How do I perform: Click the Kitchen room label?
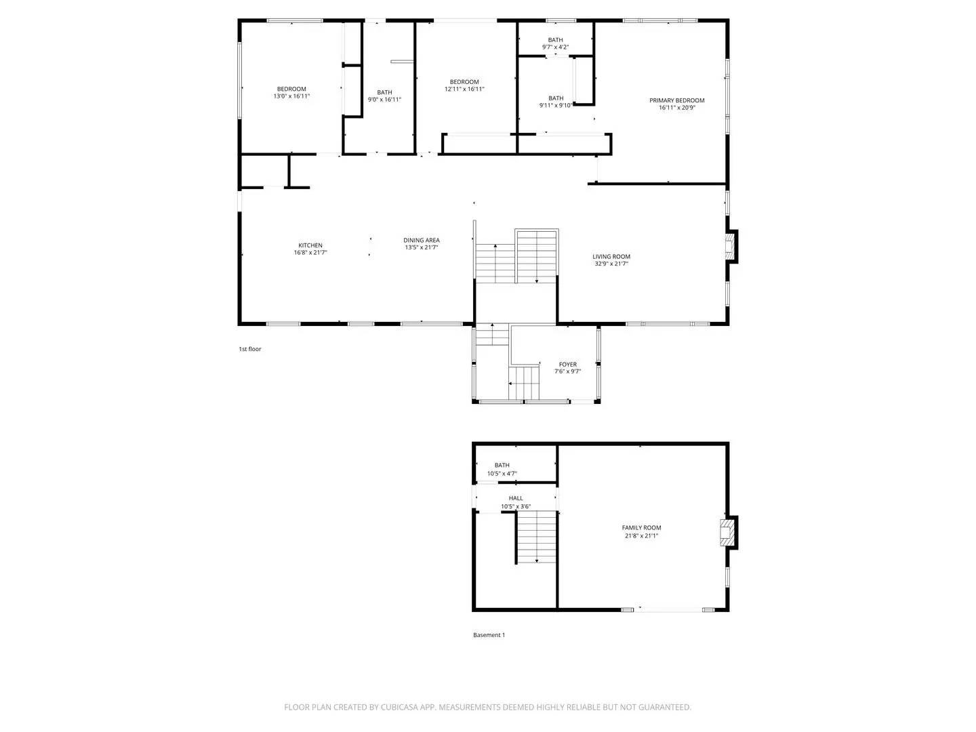(310, 245)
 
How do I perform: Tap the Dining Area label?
(422, 240)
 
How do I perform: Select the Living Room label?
(611, 256)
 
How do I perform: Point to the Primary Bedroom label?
(676, 100)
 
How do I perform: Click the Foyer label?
(568, 365)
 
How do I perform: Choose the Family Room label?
(641, 527)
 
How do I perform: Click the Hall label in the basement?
(516, 498)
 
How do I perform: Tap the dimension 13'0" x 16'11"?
(291, 96)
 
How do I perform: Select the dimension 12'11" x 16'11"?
(464, 89)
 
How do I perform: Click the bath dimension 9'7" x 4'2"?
(555, 47)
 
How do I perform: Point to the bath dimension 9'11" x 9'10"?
(556, 105)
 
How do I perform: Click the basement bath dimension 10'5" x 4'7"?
(502, 474)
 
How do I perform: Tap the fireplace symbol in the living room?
(731, 247)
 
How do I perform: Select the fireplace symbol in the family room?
(729, 532)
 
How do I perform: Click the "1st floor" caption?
(249, 349)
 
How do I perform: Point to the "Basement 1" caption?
(489, 635)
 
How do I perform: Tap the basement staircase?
(537, 537)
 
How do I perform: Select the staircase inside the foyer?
(524, 383)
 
